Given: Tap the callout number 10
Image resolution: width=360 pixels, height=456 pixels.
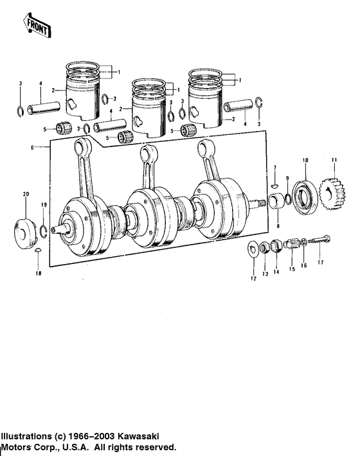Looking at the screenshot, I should [x=305, y=159].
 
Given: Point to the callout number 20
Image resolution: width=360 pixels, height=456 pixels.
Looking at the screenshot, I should [x=26, y=194].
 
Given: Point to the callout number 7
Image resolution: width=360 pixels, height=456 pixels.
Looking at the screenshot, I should [x=274, y=168].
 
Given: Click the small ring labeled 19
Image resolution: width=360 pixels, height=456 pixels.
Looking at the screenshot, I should [x=42, y=230].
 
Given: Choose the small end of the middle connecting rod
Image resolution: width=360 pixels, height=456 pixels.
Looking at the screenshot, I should [x=151, y=153].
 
